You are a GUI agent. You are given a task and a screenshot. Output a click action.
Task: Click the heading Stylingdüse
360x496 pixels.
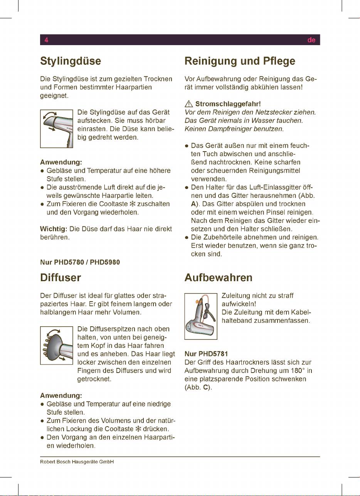[x=71, y=61]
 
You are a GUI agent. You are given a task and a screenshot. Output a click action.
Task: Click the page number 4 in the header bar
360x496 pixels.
[x=46, y=40]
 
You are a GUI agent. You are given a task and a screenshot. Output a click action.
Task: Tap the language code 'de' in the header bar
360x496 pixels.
[x=311, y=40]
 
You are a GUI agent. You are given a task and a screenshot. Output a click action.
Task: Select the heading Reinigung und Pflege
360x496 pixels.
[x=240, y=61]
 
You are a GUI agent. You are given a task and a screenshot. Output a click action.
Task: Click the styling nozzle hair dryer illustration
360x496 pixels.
[x=57, y=129]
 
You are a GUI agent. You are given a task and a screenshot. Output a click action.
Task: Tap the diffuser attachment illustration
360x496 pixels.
[x=57, y=345]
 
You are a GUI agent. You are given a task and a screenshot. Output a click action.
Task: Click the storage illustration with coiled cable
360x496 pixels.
[x=201, y=316]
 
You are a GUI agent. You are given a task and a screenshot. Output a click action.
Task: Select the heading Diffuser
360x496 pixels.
[x=61, y=278]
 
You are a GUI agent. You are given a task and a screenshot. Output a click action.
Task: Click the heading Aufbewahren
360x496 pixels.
[x=219, y=278]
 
